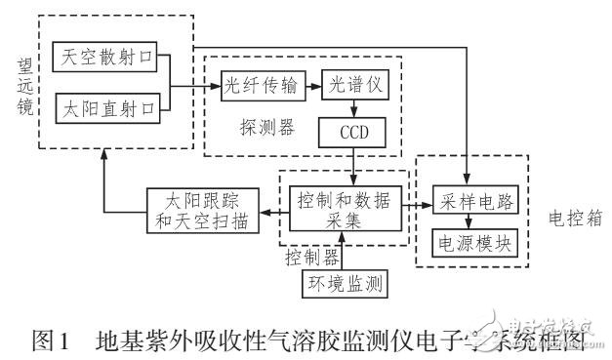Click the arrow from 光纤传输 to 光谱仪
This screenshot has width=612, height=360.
[x=312, y=85]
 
